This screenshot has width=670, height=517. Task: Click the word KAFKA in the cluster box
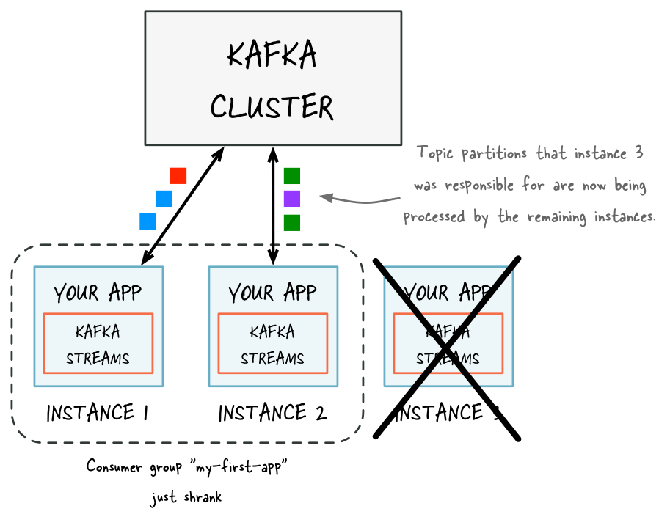[272, 56]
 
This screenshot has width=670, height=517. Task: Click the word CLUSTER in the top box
[272, 107]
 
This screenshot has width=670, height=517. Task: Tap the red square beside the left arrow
[178, 176]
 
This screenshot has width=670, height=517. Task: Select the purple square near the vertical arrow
[292, 199]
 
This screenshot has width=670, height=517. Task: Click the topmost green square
[292, 176]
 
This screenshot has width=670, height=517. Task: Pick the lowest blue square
[148, 221]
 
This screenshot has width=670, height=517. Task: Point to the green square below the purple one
[292, 222]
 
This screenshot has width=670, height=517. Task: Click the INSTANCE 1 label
[98, 414]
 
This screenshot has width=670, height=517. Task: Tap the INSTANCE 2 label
[272, 414]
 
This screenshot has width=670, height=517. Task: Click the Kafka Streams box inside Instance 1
[98, 344]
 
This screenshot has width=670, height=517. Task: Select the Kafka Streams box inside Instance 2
[272, 344]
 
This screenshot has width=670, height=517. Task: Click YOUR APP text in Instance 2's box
[272, 293]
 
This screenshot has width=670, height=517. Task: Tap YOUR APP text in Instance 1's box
[98, 293]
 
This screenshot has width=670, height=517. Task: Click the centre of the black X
[448, 348]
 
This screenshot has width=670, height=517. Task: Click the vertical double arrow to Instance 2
[273, 205]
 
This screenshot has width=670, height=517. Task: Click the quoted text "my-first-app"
[241, 466]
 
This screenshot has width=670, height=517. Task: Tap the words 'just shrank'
[186, 498]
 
